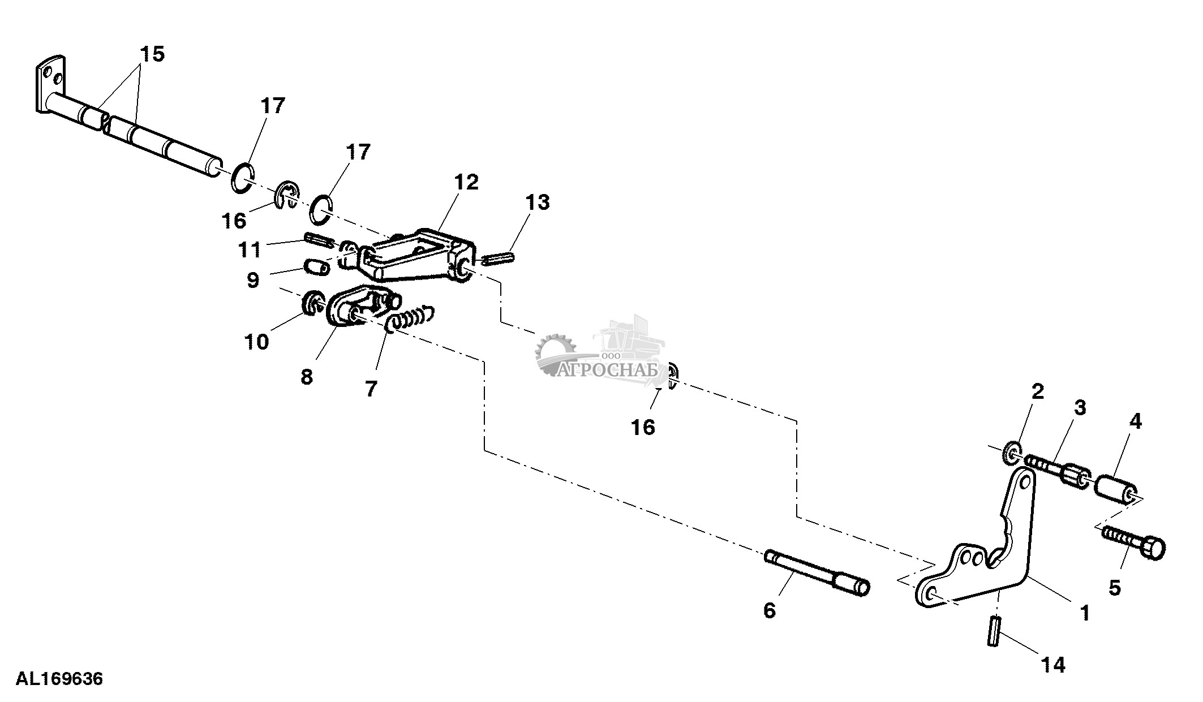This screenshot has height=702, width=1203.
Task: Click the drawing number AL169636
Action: pos(59,678)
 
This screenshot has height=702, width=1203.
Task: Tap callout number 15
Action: pos(152,55)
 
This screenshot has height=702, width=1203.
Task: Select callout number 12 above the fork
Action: pos(466,182)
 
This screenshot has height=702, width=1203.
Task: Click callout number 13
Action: pos(537,202)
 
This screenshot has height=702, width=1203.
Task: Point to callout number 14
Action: pos(1053,665)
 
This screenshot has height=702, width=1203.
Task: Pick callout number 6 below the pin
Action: pos(770,610)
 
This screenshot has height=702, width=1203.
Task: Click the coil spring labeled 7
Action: pos(409,318)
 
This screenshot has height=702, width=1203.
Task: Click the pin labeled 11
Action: pos(319,239)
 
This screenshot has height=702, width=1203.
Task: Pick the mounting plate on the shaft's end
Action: pos(50,91)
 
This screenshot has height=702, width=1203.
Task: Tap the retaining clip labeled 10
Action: pos(311,304)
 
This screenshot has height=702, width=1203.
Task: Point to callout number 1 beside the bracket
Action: pos(1085,613)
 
